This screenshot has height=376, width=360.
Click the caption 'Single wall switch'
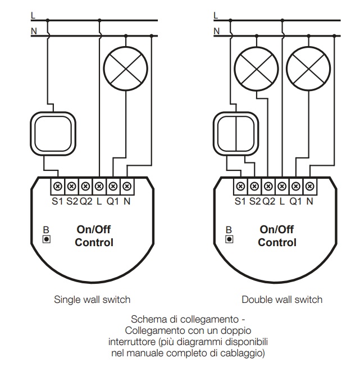(x=92, y=300)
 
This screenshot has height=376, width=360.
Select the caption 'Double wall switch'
(x=282, y=300)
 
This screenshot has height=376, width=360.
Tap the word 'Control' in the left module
(x=94, y=243)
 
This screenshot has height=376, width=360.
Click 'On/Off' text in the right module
(x=277, y=229)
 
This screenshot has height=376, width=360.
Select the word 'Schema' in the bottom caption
(x=148, y=319)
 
